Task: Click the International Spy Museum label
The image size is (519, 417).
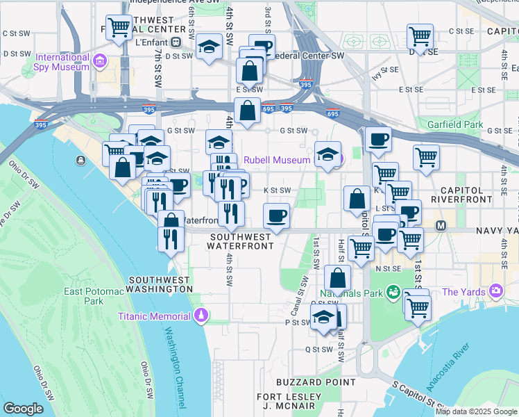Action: pos(63,62)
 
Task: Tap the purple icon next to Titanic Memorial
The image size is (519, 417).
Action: pos(201,316)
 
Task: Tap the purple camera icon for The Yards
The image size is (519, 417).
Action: pos(497,291)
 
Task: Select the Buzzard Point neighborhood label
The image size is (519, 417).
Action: pos(307,382)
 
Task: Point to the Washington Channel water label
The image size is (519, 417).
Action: pos(176,361)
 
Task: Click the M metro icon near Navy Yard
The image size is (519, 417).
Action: pos(441,226)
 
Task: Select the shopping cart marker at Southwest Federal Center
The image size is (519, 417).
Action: pos(119,28)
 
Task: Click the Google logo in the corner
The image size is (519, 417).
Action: pos(23,409)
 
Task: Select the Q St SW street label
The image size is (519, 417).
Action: pos(322,350)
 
